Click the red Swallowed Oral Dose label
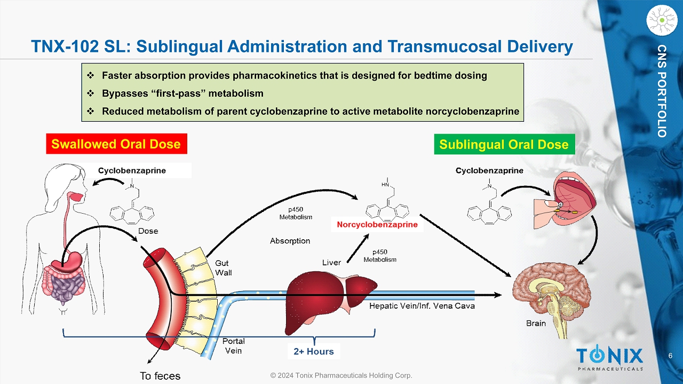tap(116, 144)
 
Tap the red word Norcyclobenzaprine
tap(377, 225)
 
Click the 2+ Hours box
tap(313, 351)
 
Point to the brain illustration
tap(549, 293)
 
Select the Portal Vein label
tap(233, 346)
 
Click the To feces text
tap(160, 376)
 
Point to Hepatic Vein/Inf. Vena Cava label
tap(422, 306)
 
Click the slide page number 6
tap(670, 356)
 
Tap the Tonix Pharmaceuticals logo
tap(609, 358)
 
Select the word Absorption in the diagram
tap(290, 241)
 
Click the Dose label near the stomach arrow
tap(148, 231)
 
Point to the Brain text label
tap(536, 323)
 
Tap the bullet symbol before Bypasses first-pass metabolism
tap(90, 93)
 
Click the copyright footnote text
tap(341, 375)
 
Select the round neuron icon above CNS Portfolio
tap(661, 20)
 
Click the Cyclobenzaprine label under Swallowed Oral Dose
tap(132, 170)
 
